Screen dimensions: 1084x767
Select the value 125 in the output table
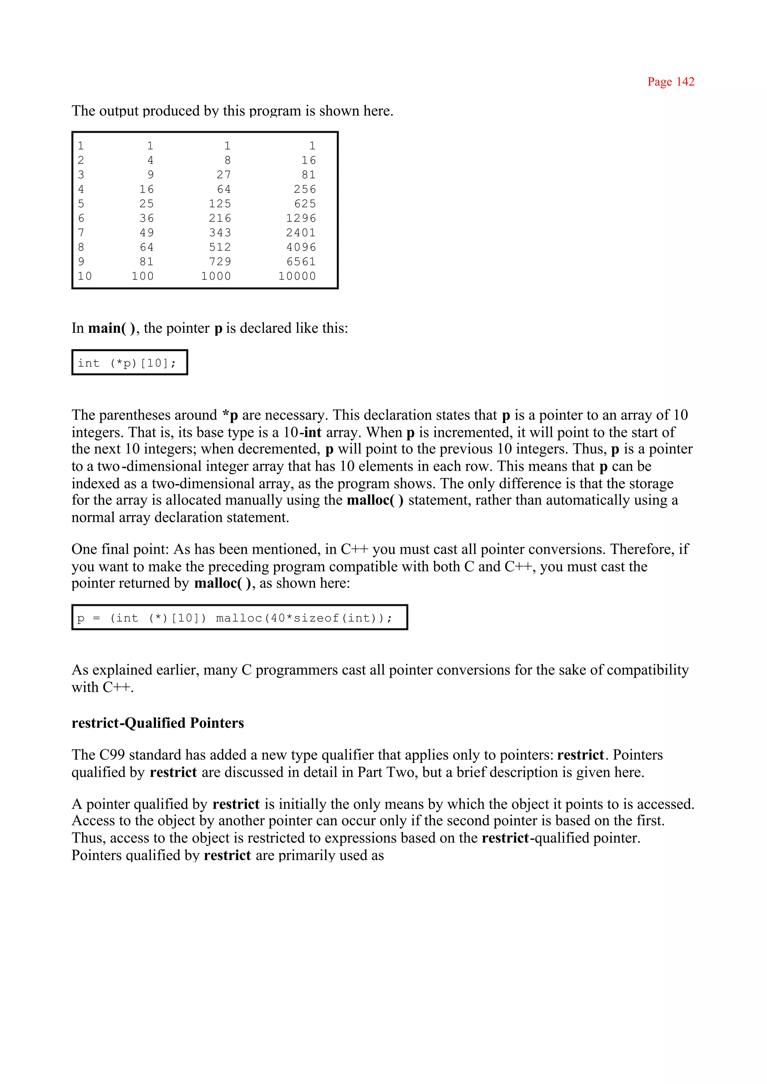point(220,204)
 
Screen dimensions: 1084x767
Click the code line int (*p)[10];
point(127,363)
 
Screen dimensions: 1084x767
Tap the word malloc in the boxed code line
point(239,618)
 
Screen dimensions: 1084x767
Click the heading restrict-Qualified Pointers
point(158,723)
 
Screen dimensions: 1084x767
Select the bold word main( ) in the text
point(112,328)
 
